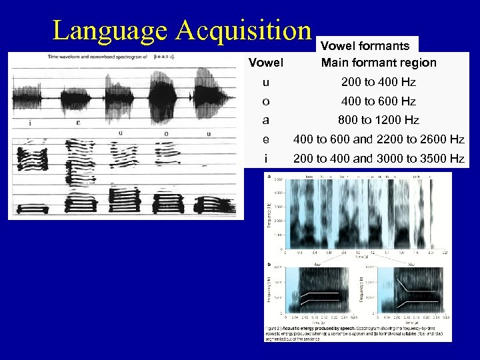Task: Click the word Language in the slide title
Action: point(109,31)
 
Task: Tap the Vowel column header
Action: point(266,63)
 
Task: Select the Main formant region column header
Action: point(379,63)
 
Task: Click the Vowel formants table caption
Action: point(365,46)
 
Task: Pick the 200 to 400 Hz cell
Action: point(379,83)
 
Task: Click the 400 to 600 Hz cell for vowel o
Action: point(379,102)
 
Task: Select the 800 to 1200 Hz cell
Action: point(379,121)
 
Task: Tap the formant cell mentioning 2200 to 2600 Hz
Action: point(379,140)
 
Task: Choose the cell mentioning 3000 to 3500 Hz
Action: point(379,159)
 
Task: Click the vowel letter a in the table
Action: point(266,121)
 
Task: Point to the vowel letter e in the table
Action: point(266,140)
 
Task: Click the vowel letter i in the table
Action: point(266,159)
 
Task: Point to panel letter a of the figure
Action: point(269,177)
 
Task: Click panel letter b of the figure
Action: point(269,264)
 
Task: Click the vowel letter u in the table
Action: point(266,83)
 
